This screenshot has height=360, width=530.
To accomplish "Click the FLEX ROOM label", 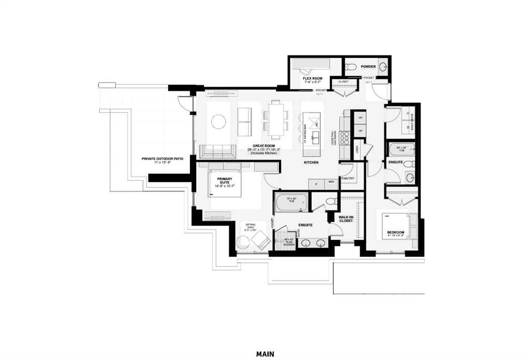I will (313, 79).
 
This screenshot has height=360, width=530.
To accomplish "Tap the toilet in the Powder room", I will (350, 66).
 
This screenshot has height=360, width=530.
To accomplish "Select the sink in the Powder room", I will (383, 66).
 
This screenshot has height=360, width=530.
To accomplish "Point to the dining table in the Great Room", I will (275, 119).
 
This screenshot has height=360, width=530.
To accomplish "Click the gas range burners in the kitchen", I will (345, 137).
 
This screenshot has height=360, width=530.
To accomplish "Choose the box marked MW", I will (331, 183).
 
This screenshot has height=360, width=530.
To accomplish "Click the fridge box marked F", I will (316, 183).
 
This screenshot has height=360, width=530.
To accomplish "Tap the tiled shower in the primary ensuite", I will (285, 241).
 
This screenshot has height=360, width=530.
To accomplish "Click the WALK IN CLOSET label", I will (345, 219).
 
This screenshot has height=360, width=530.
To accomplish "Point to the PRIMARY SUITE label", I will (225, 181).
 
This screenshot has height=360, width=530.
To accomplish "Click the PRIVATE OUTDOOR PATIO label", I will (163, 160).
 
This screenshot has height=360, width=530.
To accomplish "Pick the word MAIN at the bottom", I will (265, 354).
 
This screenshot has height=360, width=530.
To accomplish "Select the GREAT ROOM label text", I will (263, 147).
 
